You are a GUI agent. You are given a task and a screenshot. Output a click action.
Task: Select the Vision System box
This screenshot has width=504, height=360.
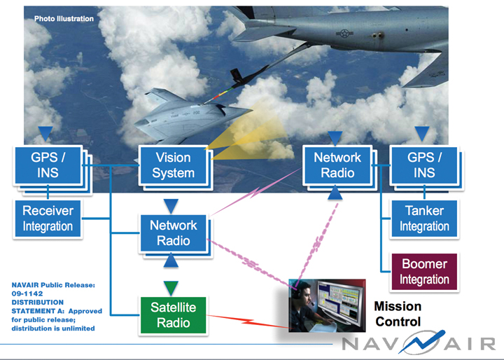(x=172, y=165)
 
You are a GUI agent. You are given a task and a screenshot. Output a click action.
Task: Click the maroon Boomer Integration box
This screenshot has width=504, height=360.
(x=424, y=272)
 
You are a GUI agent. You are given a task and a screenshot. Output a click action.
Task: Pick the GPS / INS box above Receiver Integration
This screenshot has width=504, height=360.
(x=46, y=165)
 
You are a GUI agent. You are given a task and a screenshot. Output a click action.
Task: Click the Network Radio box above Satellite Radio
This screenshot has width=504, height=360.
(x=173, y=233)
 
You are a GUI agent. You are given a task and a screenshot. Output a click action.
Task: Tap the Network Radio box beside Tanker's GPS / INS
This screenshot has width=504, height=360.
(x=337, y=165)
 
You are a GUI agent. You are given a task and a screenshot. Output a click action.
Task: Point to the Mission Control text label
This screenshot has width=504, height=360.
(x=398, y=314)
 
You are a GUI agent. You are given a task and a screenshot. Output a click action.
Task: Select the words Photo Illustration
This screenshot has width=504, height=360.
(x=64, y=19)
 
